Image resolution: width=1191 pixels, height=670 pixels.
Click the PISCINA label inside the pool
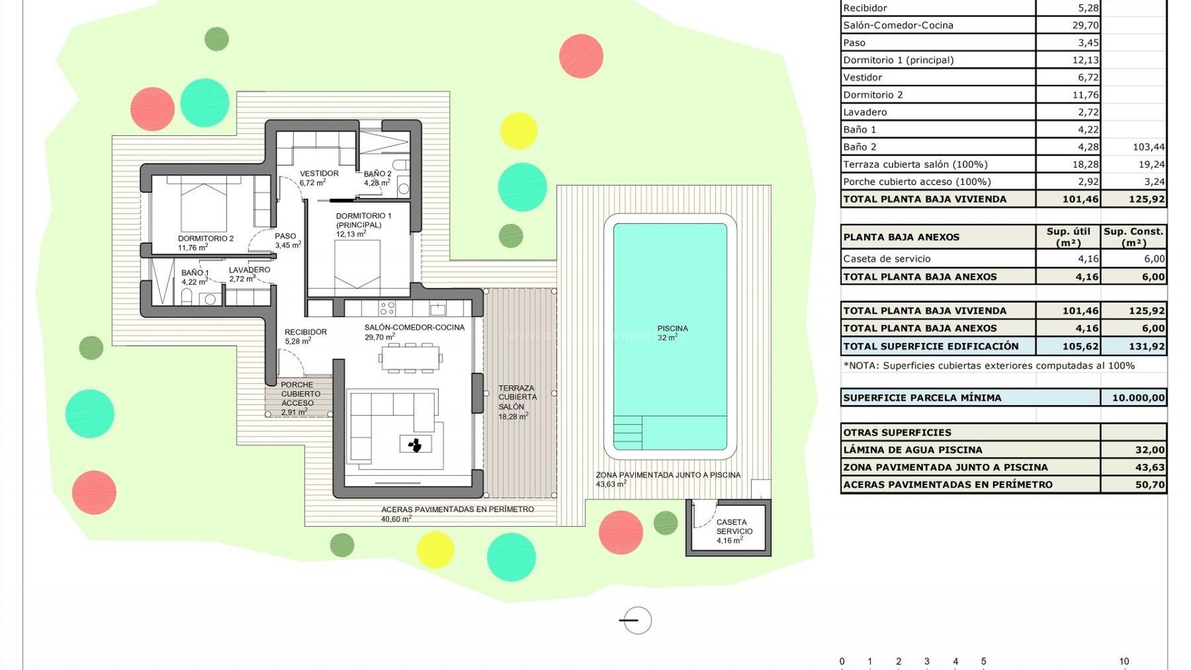coord(672,329)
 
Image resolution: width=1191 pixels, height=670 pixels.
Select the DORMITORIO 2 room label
coord(205,239)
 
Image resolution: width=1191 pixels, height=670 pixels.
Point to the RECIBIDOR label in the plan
coord(305,333)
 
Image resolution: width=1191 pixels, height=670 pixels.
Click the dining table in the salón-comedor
coord(411,357)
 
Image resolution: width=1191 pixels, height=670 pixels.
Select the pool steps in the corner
coord(627,432)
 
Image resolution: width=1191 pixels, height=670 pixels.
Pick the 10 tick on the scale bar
coord(1123,662)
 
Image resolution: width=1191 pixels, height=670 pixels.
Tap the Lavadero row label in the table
coord(865,112)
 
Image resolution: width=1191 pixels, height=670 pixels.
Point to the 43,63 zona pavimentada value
coord(1149,468)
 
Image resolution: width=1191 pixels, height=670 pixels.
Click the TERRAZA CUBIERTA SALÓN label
coord(517,398)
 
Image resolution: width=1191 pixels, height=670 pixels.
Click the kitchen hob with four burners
coord(387,308)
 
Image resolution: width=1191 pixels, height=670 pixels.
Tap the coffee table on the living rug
coord(415,444)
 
